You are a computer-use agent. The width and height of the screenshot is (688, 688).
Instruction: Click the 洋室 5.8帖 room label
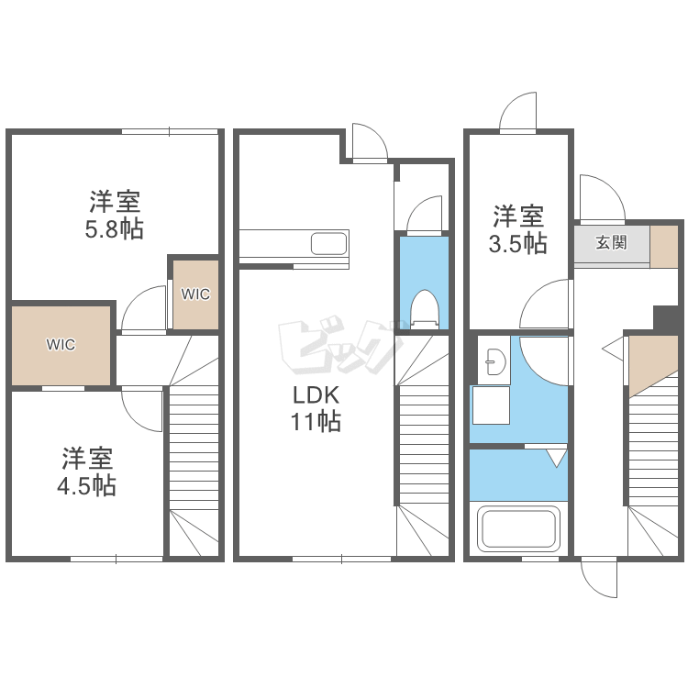click(115, 215)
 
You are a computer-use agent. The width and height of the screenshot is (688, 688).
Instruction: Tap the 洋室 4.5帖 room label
click(86, 472)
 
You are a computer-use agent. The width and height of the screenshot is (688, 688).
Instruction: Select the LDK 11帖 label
click(316, 408)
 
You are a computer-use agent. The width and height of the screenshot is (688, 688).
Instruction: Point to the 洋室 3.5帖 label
click(518, 229)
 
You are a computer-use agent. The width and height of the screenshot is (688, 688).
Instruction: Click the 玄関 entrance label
click(611, 242)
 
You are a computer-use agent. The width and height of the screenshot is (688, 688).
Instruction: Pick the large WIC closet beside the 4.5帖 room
click(61, 345)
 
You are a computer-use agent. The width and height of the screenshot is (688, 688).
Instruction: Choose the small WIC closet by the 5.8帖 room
click(195, 294)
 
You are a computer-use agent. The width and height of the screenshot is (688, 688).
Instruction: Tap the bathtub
click(518, 528)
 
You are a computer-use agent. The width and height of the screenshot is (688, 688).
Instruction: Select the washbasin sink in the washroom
click(495, 362)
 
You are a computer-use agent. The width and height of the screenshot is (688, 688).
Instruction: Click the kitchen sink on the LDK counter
click(328, 243)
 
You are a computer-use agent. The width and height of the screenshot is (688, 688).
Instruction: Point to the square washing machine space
click(491, 405)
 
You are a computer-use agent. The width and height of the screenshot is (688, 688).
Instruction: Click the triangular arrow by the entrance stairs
click(613, 350)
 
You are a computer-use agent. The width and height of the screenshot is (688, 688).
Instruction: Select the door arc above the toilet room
click(419, 207)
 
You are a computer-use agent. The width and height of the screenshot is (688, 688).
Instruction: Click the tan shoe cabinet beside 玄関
click(664, 247)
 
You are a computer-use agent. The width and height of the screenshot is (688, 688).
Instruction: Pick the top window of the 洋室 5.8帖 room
click(170, 131)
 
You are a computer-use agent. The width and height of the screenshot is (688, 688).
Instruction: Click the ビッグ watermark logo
click(340, 347)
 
